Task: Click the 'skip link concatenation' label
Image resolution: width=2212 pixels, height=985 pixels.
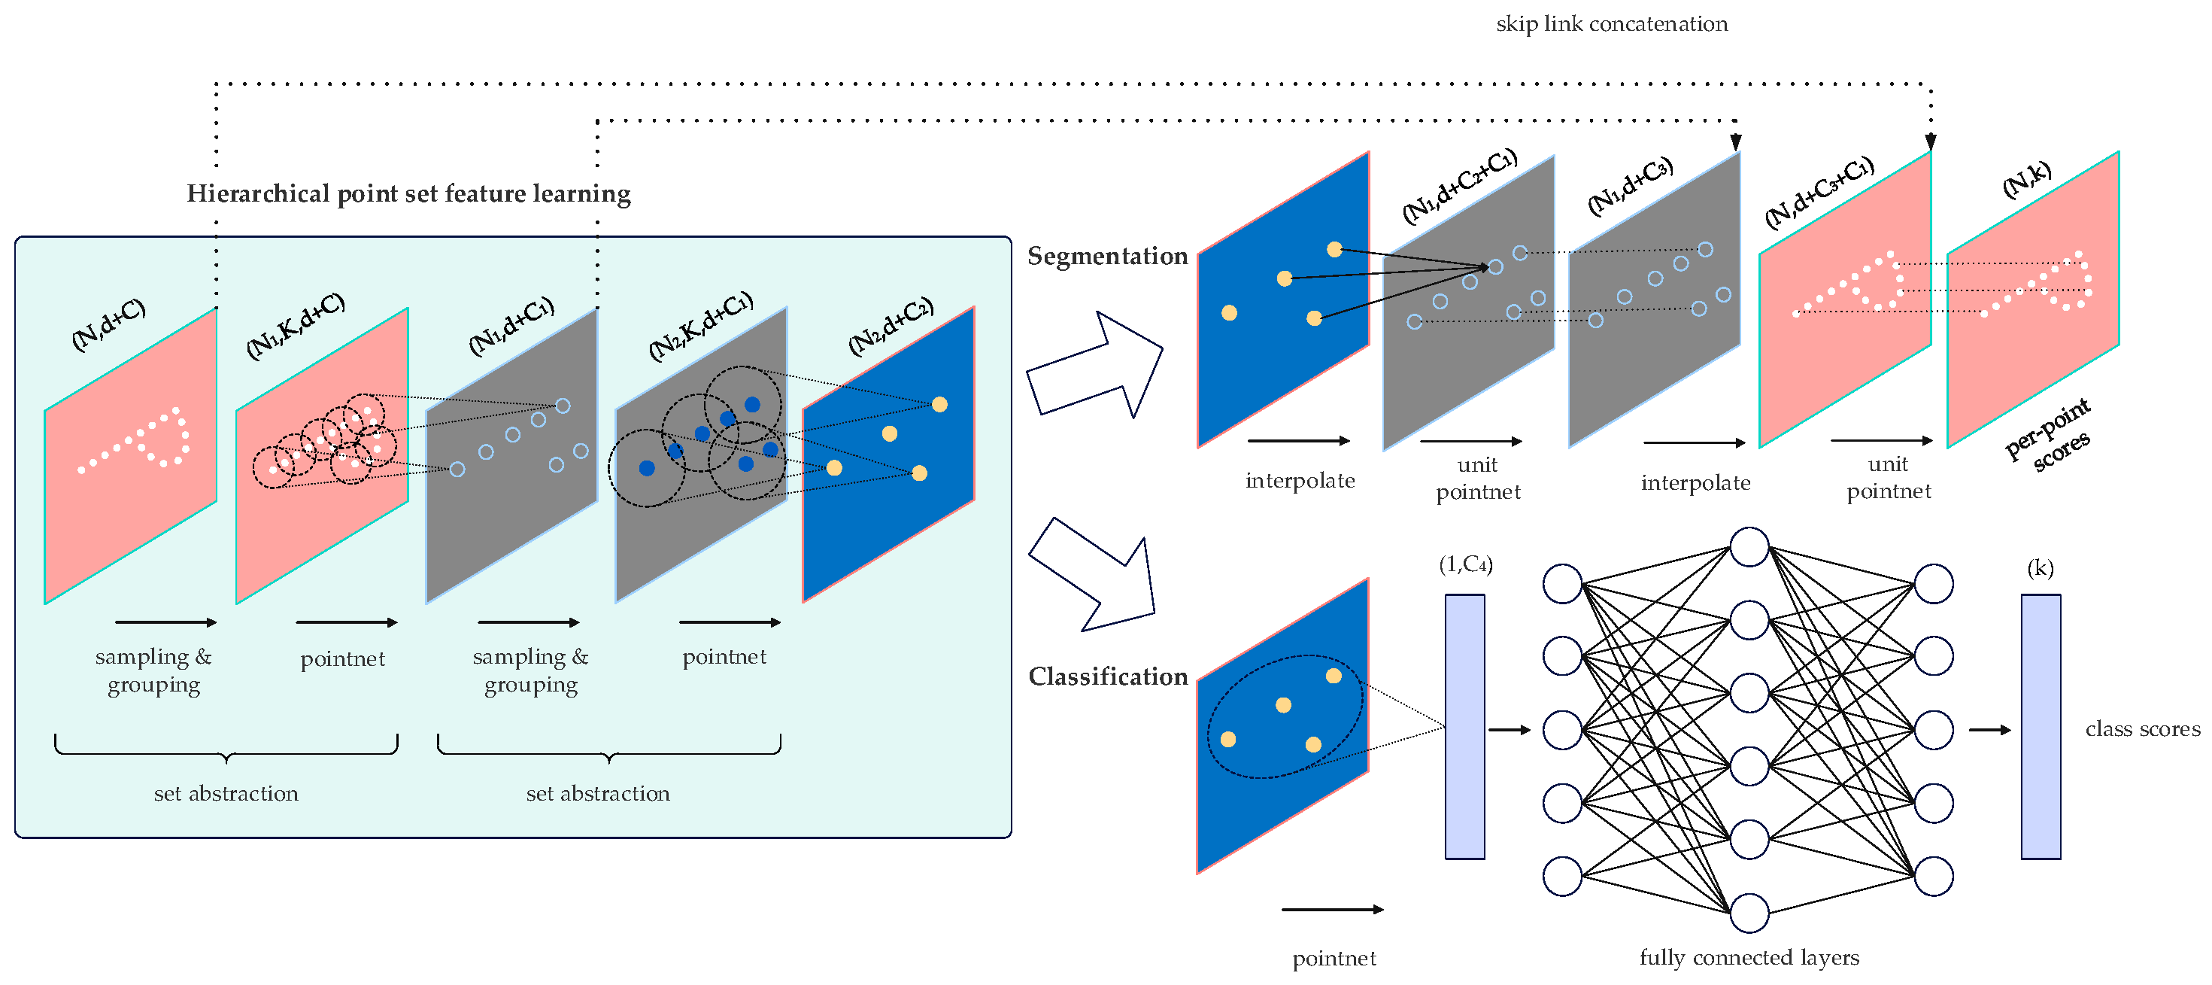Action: pyautogui.click(x=1611, y=24)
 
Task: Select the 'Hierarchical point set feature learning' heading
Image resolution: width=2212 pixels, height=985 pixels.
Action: pyautogui.click(x=408, y=194)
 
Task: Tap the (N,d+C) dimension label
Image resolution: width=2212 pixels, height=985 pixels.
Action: pyautogui.click(x=108, y=324)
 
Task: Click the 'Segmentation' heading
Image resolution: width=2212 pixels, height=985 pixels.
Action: pyautogui.click(x=1107, y=256)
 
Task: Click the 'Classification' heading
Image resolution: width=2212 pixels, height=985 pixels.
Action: pyautogui.click(x=1108, y=676)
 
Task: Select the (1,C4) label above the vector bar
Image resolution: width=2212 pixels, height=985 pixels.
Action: pyautogui.click(x=1465, y=564)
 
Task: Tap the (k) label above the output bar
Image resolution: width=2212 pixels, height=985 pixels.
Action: pyautogui.click(x=2040, y=567)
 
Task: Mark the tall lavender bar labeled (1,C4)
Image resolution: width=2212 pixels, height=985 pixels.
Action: pyautogui.click(x=1464, y=726)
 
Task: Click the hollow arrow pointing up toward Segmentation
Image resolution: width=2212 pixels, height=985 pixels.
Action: pyautogui.click(x=1095, y=365)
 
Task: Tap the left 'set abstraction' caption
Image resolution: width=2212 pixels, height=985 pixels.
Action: pyautogui.click(x=226, y=794)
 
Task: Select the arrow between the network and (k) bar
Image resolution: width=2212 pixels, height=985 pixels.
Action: pyautogui.click(x=1989, y=730)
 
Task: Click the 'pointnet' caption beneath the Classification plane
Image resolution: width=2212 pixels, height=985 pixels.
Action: pyautogui.click(x=1334, y=959)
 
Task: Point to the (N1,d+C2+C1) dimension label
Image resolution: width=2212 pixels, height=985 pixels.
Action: pyautogui.click(x=1460, y=186)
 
